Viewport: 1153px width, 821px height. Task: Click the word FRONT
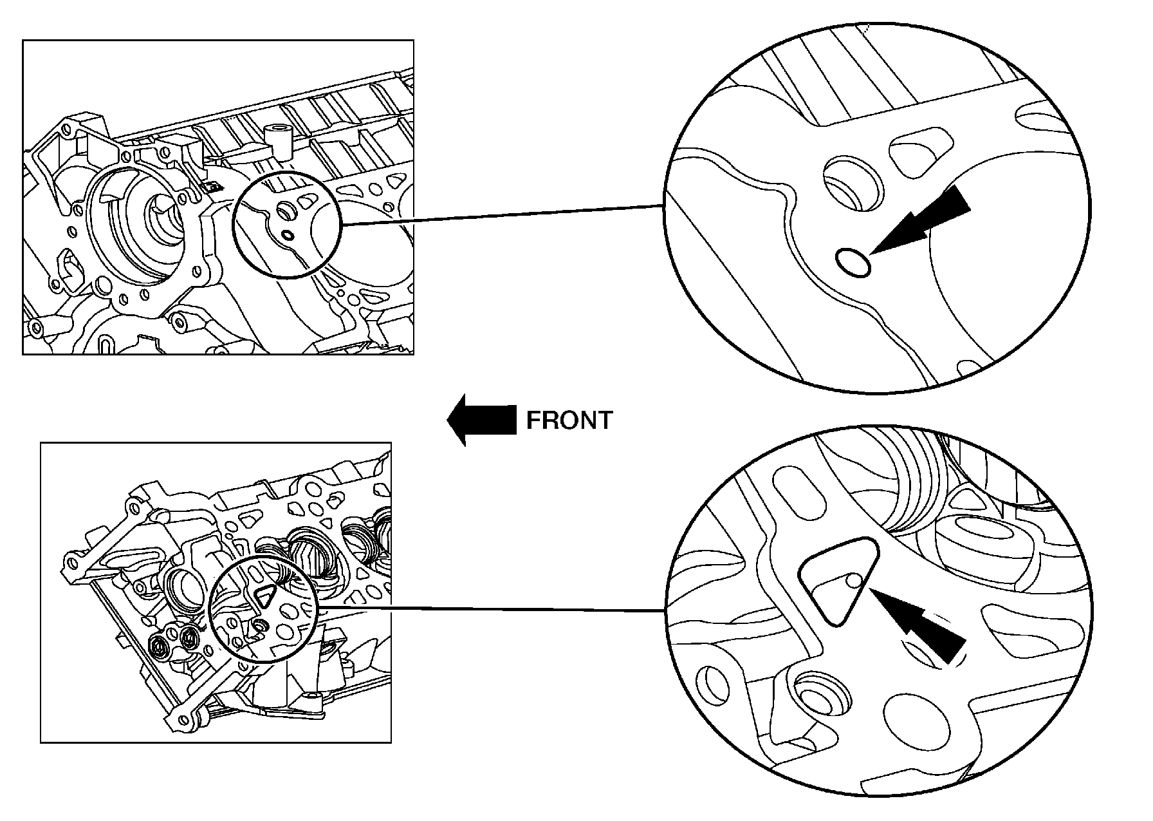(569, 420)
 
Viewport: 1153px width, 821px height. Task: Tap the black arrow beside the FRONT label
(481, 420)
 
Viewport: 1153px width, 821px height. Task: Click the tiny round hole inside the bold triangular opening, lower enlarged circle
(854, 581)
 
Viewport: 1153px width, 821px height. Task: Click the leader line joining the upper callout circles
(502, 215)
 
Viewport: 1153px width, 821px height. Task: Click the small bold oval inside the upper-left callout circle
(288, 235)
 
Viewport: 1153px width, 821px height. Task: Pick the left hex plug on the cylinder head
(161, 643)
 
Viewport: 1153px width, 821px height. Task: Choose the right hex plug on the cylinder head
(189, 638)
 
